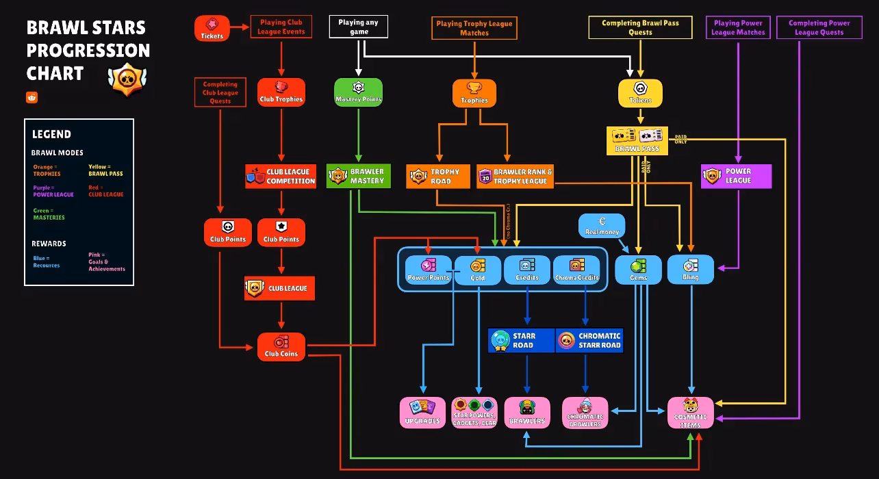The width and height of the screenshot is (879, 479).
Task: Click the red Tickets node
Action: [x=212, y=28]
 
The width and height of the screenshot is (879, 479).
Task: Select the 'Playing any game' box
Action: [x=359, y=27]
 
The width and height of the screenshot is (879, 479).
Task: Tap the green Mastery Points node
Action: [x=358, y=92]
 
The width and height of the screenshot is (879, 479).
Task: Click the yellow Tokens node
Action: [x=640, y=93]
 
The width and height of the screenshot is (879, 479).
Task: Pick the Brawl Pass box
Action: [x=637, y=140]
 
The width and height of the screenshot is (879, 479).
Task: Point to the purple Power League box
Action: [x=736, y=176]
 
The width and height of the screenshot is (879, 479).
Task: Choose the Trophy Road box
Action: [x=438, y=176]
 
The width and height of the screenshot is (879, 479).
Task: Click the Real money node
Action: [x=602, y=226]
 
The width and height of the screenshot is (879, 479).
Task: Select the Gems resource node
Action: [x=638, y=270]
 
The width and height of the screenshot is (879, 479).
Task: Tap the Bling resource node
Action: [x=690, y=270]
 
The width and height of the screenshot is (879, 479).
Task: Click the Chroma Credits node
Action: [x=576, y=269]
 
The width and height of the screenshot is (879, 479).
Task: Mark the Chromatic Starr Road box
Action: [x=589, y=341]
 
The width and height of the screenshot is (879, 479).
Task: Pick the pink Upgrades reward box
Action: [x=422, y=413]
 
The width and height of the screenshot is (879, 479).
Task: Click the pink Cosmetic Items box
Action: [x=690, y=413]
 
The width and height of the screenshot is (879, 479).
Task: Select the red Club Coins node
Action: [x=281, y=346]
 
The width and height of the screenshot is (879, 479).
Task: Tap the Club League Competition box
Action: [x=281, y=176]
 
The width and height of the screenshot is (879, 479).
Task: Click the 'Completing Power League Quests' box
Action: [x=819, y=27]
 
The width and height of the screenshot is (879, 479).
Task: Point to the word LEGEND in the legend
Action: [x=51, y=134]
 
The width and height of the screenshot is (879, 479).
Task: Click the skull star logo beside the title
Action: [x=127, y=79]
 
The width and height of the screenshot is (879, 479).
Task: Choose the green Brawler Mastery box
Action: [x=358, y=176]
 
